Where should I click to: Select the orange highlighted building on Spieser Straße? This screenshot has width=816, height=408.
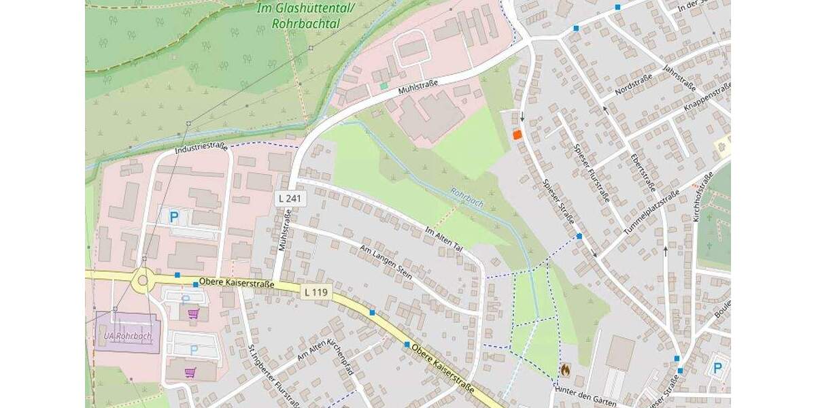click(517, 135)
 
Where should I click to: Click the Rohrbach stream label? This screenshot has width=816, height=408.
click(466, 199)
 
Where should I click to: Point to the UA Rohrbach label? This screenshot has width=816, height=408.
click(128, 336)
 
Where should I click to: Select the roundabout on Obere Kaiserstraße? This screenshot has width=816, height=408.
click(143, 279)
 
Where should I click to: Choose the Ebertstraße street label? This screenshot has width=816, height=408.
click(643, 171)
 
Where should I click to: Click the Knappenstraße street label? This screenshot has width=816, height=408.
click(708, 97)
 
